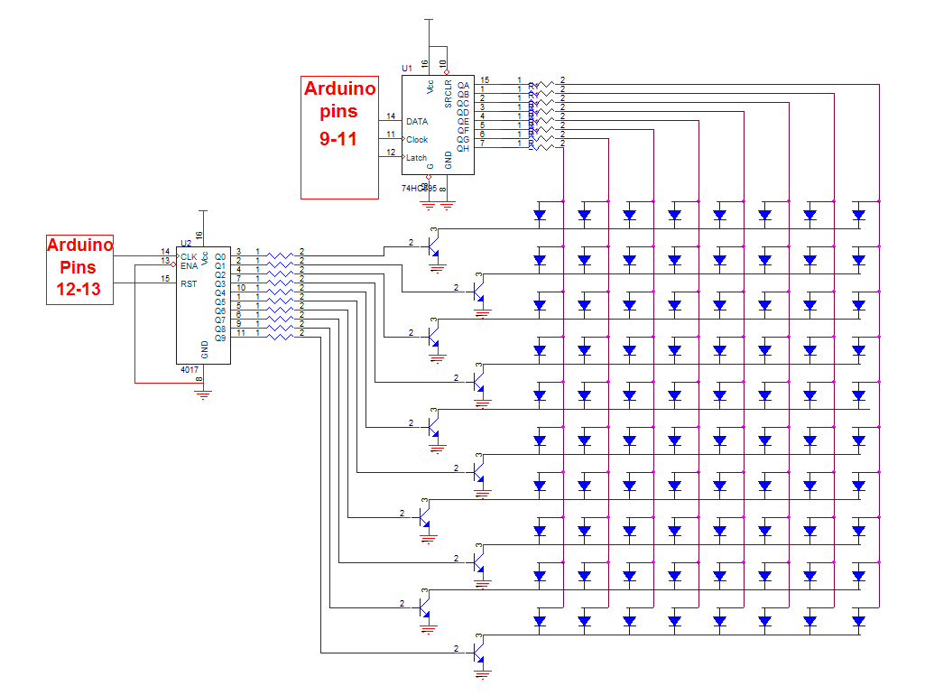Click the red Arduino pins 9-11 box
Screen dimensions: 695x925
pos(339,137)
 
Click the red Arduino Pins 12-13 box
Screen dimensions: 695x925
pos(79,269)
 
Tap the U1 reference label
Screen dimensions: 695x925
pos(407,69)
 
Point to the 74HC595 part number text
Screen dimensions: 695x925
pos(419,189)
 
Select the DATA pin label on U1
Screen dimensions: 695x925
pos(417,121)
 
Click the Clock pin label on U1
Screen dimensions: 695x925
pos(417,139)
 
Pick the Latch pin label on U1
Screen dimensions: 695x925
pos(416,157)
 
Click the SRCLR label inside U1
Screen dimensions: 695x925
pos(448,92)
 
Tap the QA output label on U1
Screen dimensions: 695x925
pos(464,85)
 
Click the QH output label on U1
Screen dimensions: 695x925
pos(464,148)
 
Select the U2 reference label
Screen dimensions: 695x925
pos(186,243)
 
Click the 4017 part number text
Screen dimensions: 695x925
pos(189,370)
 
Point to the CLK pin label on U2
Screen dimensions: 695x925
pos(189,256)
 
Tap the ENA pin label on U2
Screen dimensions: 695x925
pos(189,265)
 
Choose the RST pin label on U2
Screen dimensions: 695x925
pos(188,283)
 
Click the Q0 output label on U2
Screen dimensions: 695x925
pos(220,256)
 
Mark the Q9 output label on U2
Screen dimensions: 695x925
pos(220,338)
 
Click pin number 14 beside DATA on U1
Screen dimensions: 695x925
pos(391,116)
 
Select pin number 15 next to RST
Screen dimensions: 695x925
pos(165,279)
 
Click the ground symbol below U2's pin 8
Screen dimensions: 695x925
pos(204,394)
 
